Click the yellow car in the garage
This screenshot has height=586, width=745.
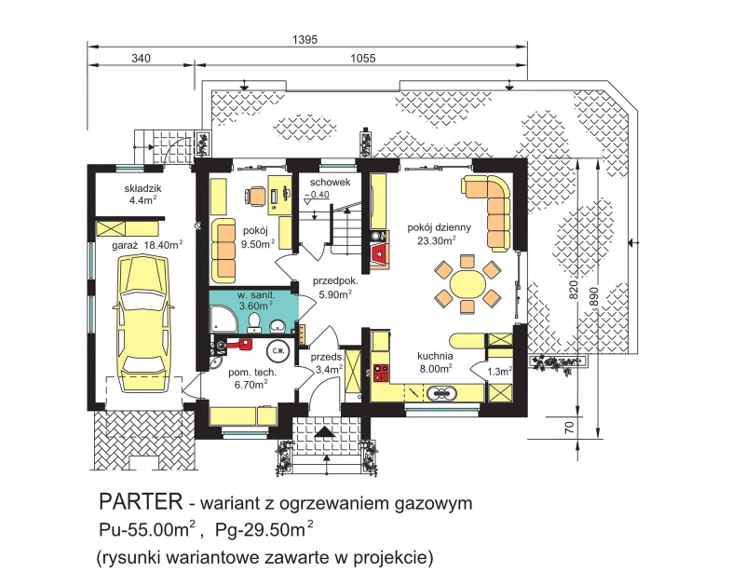144,317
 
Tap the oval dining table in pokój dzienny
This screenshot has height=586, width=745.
467,285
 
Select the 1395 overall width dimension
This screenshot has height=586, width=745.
305,39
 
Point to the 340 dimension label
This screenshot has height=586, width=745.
142,58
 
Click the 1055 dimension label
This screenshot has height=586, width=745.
363,58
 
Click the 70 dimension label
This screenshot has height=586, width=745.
570,428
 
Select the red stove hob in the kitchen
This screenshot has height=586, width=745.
381,373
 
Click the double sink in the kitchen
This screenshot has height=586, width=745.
441,393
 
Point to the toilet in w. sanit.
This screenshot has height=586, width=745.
254,321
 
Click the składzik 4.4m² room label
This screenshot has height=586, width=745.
142,195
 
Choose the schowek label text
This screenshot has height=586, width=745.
331,182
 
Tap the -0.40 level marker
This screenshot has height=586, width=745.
317,195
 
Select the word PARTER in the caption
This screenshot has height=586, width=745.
141,502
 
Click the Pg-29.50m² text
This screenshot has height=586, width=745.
264,529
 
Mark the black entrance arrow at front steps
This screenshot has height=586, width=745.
325,431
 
